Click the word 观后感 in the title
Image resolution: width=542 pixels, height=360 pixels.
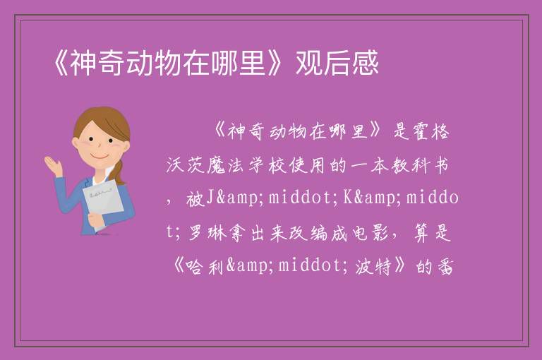point(337,63)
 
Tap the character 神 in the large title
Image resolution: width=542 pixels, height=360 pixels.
point(83,63)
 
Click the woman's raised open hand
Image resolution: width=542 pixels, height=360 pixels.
point(53,165)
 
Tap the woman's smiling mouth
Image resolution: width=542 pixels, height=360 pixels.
point(100,157)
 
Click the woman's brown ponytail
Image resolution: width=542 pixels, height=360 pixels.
point(119,172)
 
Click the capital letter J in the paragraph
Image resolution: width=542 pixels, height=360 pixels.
point(210,198)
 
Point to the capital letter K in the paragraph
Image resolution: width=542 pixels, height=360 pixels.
point(348,198)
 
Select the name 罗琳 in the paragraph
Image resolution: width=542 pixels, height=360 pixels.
point(207,232)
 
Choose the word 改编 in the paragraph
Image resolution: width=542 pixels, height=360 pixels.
point(308,232)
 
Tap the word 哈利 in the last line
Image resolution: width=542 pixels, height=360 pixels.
point(205,266)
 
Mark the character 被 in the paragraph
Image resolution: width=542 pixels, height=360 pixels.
point(195,198)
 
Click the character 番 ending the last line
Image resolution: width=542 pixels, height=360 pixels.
point(445,266)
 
